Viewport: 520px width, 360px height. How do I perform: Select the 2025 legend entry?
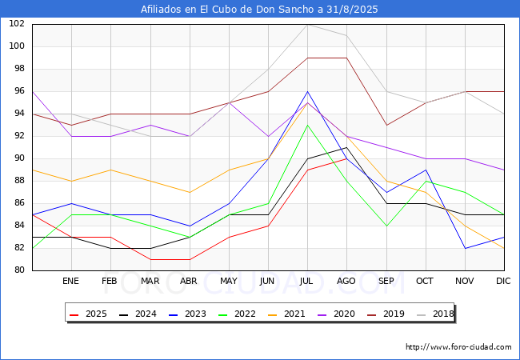(88, 314)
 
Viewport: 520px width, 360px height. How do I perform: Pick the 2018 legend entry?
(435, 314)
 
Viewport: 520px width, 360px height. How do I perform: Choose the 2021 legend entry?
(286, 314)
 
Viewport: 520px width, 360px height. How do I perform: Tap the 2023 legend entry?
(187, 314)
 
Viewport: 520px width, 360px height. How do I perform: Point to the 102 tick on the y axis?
(17, 23)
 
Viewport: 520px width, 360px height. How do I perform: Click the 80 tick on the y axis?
(19, 270)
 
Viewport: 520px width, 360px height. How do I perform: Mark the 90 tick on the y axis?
(19, 158)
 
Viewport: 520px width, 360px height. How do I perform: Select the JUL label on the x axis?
(306, 281)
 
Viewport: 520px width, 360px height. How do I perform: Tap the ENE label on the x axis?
(70, 281)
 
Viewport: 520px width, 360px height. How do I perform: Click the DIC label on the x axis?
(503, 281)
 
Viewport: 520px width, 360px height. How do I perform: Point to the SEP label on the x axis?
(386, 281)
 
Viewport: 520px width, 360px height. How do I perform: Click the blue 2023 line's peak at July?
(307, 91)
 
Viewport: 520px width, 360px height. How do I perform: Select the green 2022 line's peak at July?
(307, 126)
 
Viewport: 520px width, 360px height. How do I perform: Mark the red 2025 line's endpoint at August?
(346, 158)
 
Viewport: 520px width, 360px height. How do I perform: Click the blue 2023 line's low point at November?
(466, 248)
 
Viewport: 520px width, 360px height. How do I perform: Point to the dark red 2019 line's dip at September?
(386, 126)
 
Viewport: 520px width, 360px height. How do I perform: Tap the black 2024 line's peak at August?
(346, 147)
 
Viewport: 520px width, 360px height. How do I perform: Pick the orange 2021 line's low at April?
(190, 192)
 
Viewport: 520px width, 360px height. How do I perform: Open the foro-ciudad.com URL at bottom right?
(458, 347)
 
